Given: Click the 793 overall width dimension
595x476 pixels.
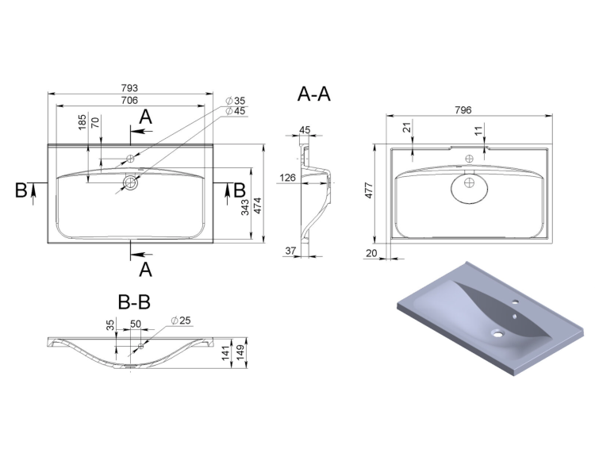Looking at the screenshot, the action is tap(129, 88).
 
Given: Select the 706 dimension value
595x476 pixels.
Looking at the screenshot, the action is tap(129, 100).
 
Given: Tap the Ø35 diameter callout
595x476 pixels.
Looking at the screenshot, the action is tap(236, 101).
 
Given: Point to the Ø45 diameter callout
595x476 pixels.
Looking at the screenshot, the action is tap(236, 111).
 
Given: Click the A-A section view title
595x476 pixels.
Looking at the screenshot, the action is tap(314, 94).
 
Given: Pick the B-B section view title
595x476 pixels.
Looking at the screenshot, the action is tap(134, 302).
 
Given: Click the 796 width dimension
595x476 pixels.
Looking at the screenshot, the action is tap(463, 110).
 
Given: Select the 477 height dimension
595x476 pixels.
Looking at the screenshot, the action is tap(369, 190).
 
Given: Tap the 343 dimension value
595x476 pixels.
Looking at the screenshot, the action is tap(245, 207).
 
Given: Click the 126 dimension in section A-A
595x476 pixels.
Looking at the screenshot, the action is tap(288, 178).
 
